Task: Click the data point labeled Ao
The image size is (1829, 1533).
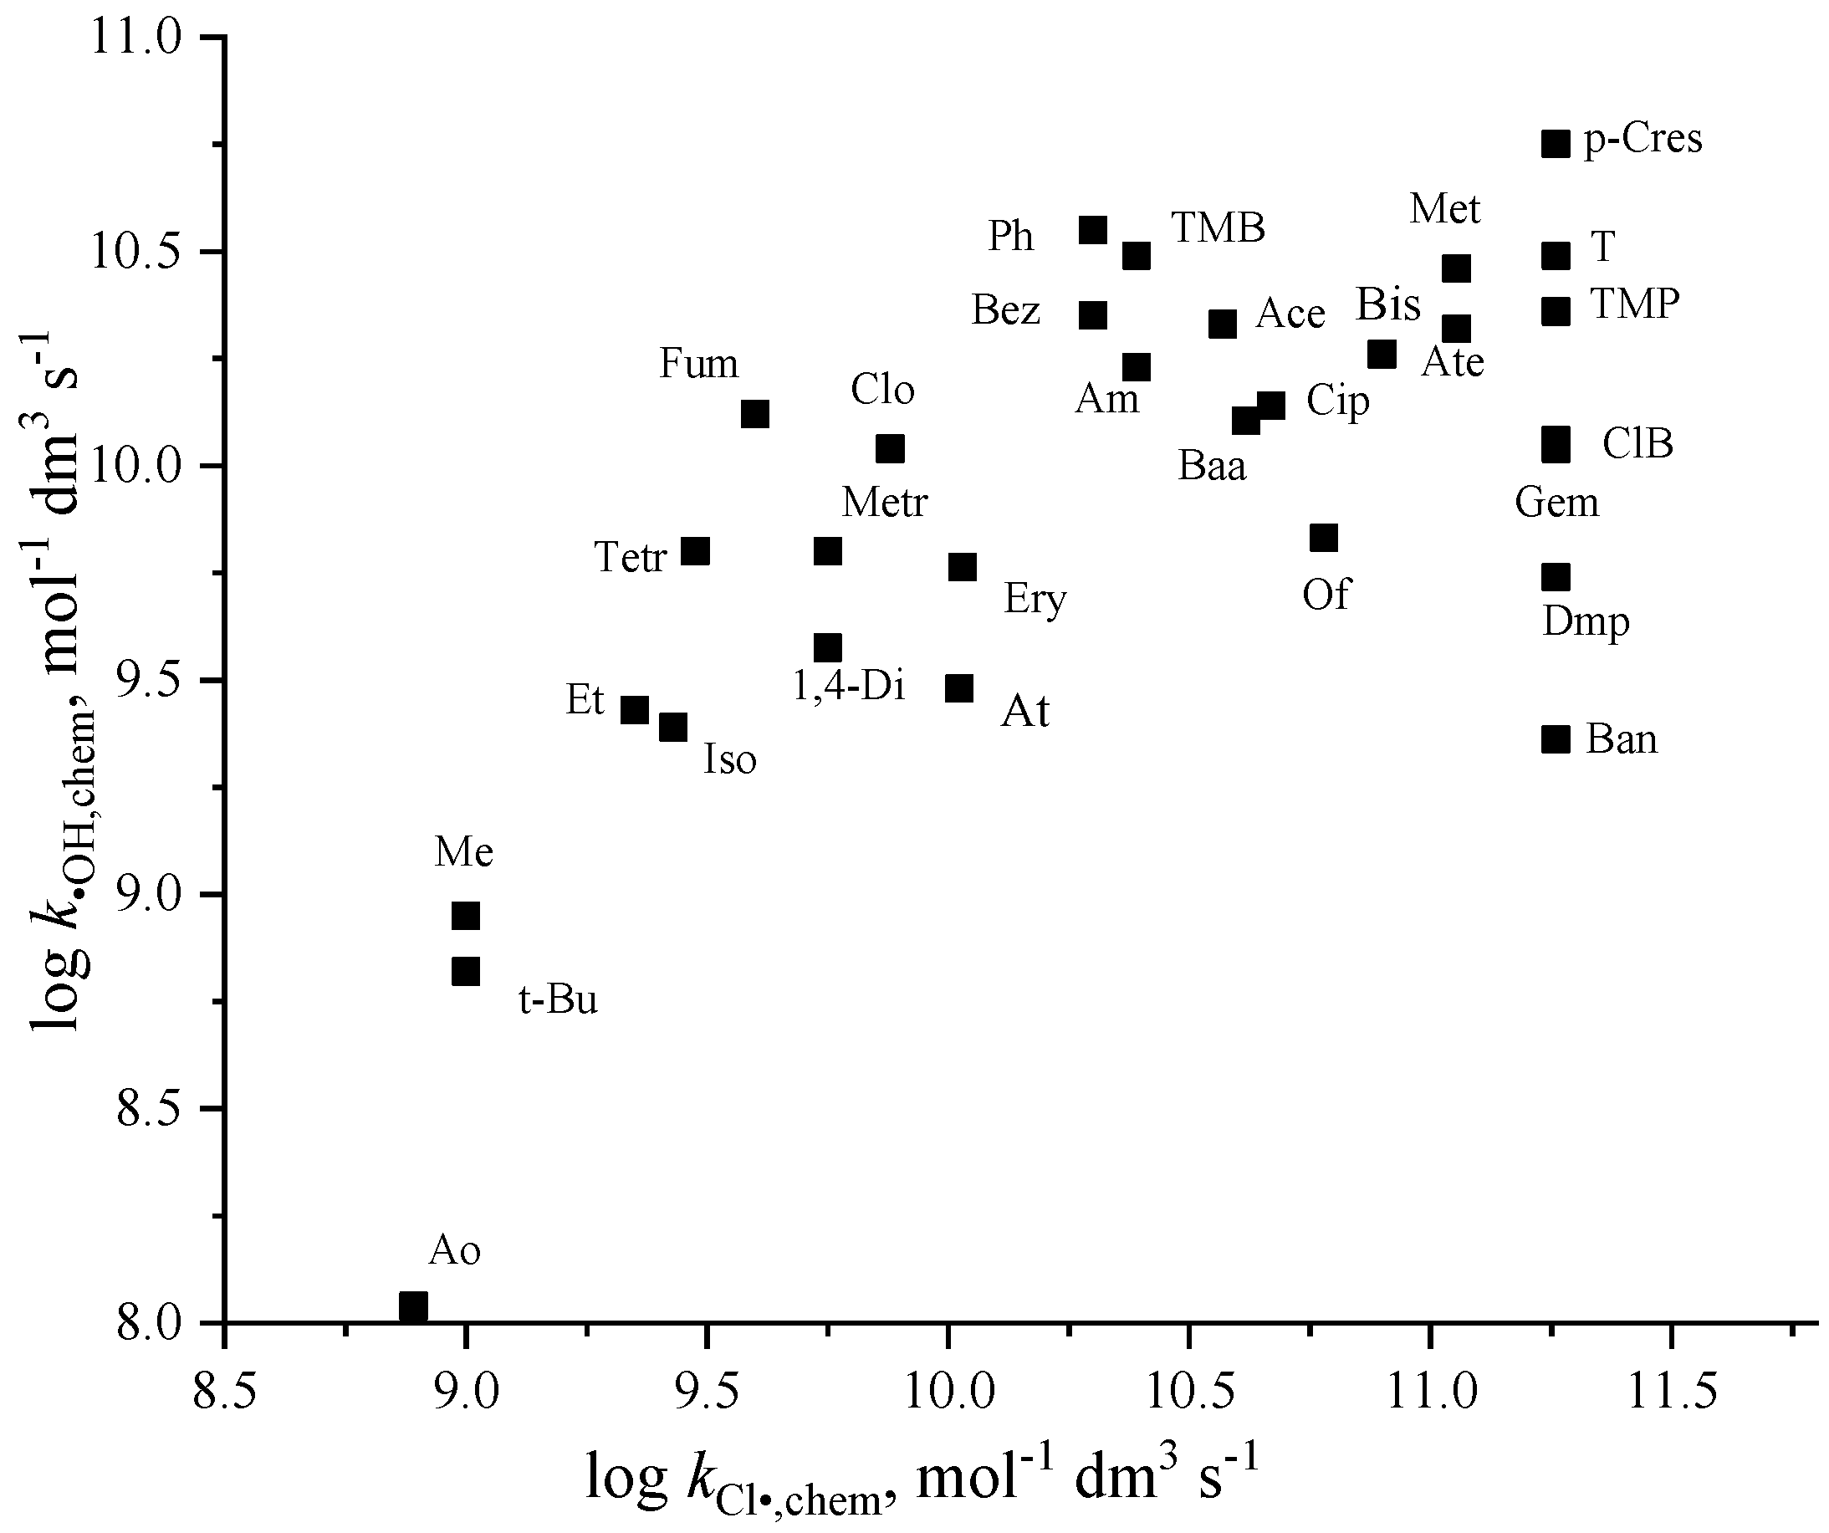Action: tap(413, 1306)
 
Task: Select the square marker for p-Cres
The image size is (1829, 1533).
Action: tap(1556, 143)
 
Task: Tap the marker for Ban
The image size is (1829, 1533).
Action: tap(1556, 739)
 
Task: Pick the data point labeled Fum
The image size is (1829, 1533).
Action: tap(755, 414)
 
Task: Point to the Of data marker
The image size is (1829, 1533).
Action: tap(1324, 539)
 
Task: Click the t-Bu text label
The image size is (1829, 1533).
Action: tap(558, 1000)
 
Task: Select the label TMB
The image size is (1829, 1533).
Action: tap(1218, 228)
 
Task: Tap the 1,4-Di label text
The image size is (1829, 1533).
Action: tap(848, 687)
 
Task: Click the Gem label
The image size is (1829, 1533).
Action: tap(1557, 503)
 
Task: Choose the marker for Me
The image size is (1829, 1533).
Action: tap(466, 917)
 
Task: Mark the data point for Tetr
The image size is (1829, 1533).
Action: tap(695, 550)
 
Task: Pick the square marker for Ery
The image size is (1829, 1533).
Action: tap(963, 568)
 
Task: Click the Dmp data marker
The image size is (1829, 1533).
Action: tap(1556, 576)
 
